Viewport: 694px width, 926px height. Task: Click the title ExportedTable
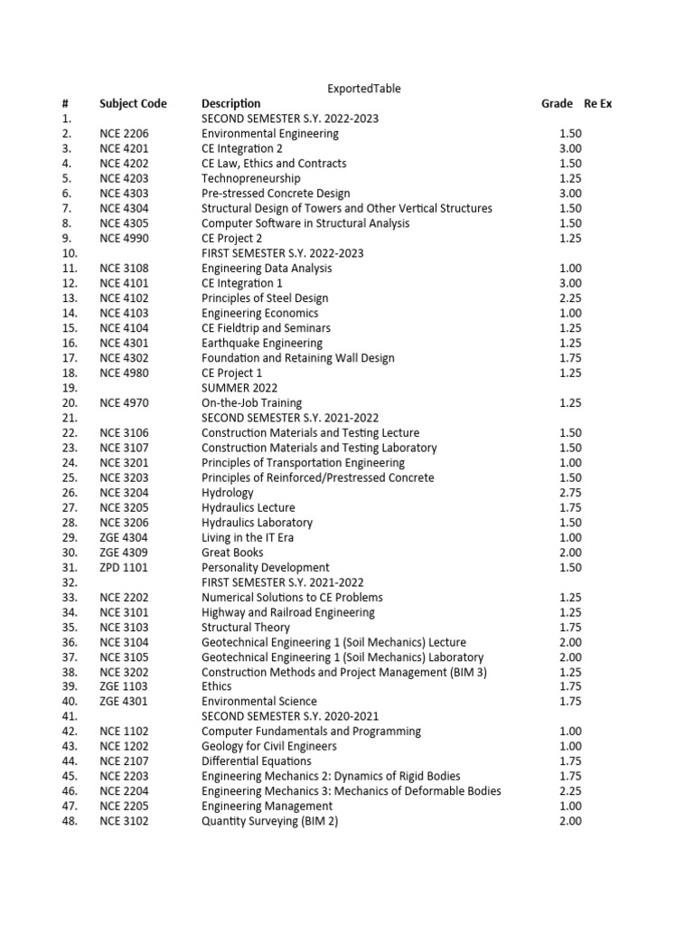[363, 89]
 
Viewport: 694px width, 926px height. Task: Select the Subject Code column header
[133, 104]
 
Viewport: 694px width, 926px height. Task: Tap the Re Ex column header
[598, 104]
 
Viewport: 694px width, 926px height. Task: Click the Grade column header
[557, 104]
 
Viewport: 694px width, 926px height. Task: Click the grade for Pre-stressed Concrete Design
[569, 194]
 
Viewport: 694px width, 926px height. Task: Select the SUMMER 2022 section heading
[239, 388]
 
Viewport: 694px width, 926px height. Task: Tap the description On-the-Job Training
[251, 403]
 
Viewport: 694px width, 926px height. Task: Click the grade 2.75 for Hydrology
[569, 493]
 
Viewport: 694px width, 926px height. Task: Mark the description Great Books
[232, 553]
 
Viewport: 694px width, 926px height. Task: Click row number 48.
[70, 821]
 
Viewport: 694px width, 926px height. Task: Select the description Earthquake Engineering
[262, 344]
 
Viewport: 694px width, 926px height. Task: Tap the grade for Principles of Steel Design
[569, 298]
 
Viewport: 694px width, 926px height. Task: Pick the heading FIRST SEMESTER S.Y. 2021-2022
[282, 582]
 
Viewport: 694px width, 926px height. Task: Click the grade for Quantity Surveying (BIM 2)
[569, 821]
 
